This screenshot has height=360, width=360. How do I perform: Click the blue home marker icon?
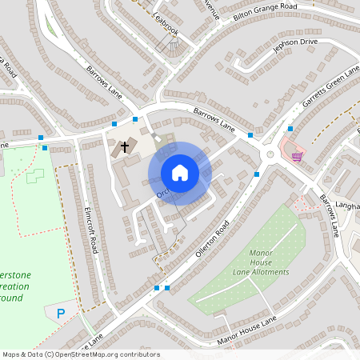point(180,173)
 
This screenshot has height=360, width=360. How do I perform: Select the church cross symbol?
point(125,147)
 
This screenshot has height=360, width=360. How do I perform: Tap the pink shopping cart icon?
point(298,155)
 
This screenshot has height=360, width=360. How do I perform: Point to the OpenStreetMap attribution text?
point(82,354)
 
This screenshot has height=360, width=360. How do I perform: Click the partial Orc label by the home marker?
point(162,194)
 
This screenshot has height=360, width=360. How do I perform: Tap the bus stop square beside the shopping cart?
point(290,128)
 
